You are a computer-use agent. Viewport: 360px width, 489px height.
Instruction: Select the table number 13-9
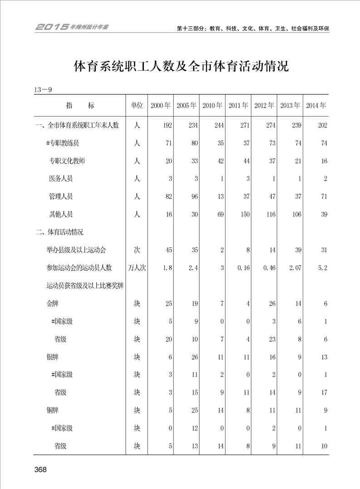(43, 89)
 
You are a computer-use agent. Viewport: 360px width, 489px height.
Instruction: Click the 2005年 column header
(186, 106)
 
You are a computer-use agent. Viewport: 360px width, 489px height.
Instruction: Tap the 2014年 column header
(316, 106)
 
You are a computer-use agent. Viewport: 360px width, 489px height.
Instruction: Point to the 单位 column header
(137, 106)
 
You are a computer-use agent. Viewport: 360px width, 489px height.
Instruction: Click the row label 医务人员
(61, 179)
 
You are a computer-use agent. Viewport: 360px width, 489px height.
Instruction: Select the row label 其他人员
(61, 214)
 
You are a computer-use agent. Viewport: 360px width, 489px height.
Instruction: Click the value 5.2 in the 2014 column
(323, 268)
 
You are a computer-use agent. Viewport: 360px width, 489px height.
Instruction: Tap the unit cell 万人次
(137, 268)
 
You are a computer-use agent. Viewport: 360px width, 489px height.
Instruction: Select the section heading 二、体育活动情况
(59, 232)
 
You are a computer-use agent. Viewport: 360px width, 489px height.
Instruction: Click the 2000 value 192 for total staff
(167, 125)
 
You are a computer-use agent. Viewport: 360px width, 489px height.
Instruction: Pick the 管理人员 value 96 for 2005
(193, 197)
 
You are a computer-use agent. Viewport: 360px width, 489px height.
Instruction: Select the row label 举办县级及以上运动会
(76, 250)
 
